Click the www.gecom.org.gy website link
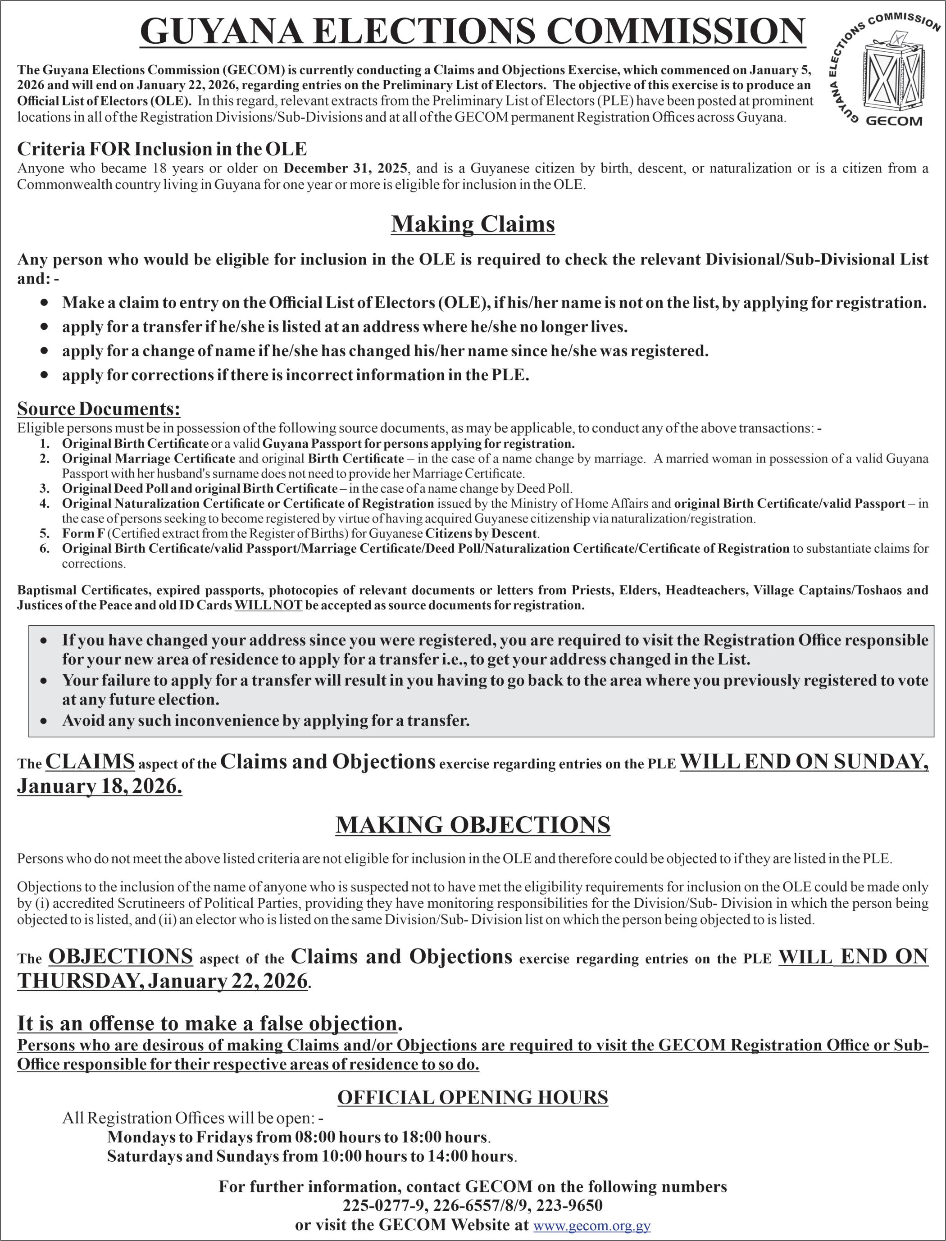[592, 1226]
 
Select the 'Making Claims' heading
[473, 224]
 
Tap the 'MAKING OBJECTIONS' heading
[473, 825]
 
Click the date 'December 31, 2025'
[346, 168]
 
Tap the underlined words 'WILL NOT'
[268, 605]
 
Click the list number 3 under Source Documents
[45, 488]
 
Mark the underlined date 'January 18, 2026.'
[100, 786]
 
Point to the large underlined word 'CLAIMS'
[90, 762]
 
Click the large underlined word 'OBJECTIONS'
[121, 957]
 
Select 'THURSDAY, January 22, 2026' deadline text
[163, 981]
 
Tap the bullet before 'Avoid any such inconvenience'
[44, 721]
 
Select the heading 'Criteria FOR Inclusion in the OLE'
[162, 149]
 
